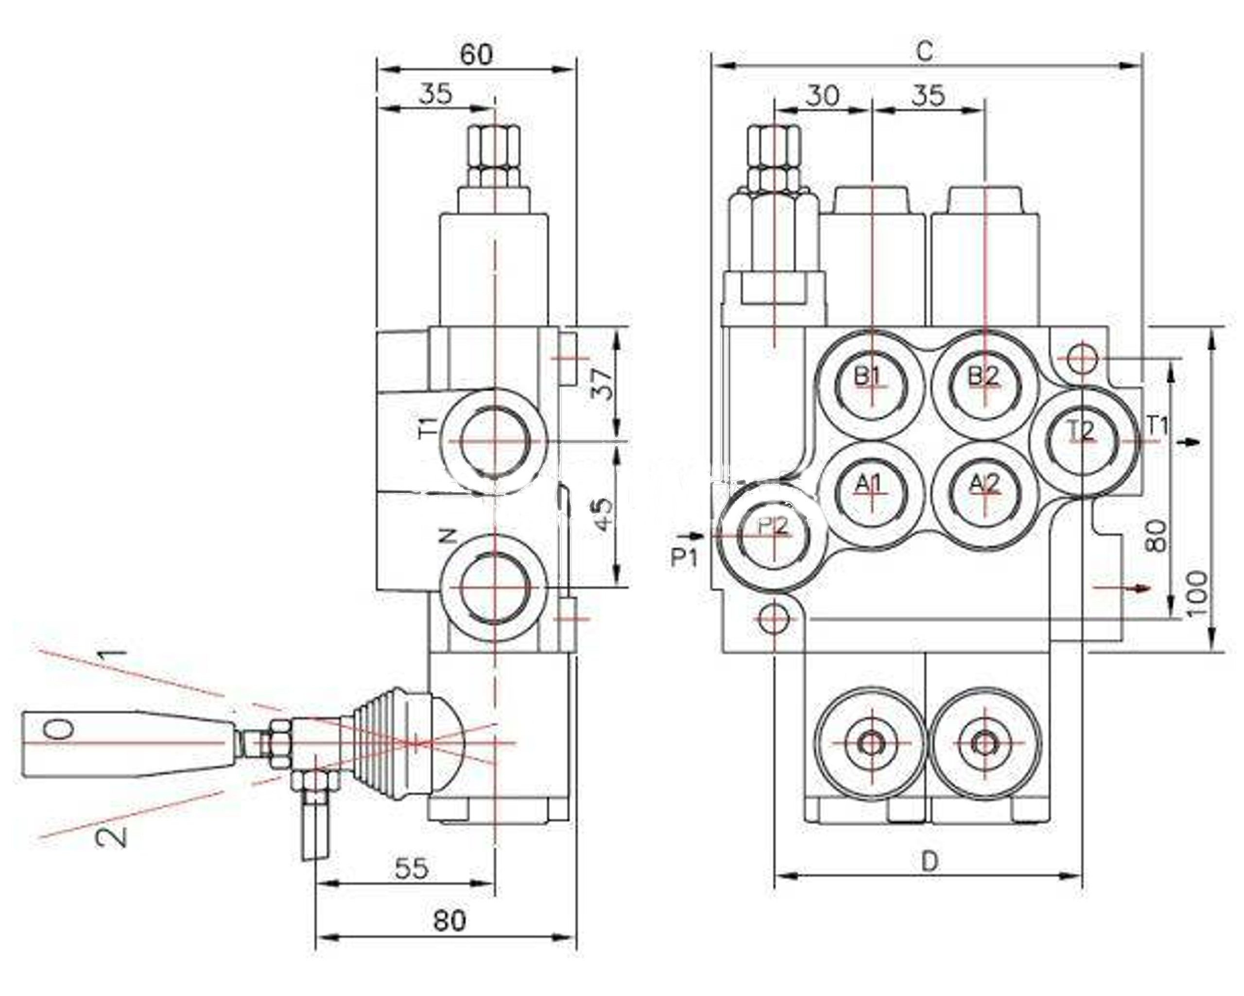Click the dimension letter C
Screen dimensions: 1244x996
pos(925,51)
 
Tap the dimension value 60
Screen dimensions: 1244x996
pos(477,54)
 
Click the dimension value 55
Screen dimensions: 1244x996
pos(412,868)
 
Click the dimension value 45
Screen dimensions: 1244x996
pos(603,514)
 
